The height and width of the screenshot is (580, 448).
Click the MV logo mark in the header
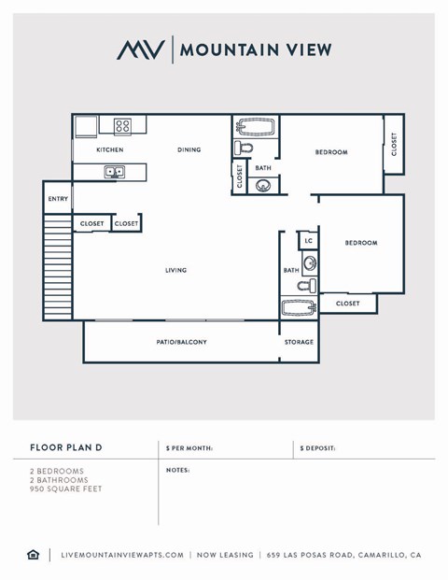pos(141,50)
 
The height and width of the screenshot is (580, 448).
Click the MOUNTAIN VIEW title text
pos(254,50)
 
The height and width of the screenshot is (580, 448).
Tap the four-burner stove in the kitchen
pos(122,125)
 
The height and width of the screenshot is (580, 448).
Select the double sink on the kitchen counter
pos(115,172)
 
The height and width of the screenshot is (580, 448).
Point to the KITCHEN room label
pos(110,150)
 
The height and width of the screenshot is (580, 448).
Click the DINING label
pos(189,150)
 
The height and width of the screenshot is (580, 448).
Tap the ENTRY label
pos(58,199)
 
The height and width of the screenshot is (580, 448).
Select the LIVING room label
pos(175,271)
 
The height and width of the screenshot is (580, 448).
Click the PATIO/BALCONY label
pos(181,343)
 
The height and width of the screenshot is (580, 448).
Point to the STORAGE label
pos(299,343)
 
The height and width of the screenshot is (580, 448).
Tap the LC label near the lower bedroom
pos(309,241)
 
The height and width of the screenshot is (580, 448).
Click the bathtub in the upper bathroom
pos(254,126)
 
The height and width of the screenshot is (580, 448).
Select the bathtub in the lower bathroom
pos(299,306)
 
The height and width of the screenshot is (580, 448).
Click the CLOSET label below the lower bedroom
pos(347,304)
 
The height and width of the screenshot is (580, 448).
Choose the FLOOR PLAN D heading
pos(65,448)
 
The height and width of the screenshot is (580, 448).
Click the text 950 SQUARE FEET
pos(65,489)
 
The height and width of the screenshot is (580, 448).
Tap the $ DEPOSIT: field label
pos(317,449)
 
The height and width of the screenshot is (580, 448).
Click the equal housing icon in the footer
pos(34,555)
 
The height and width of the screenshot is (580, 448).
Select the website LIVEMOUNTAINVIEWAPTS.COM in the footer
pos(121,555)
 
